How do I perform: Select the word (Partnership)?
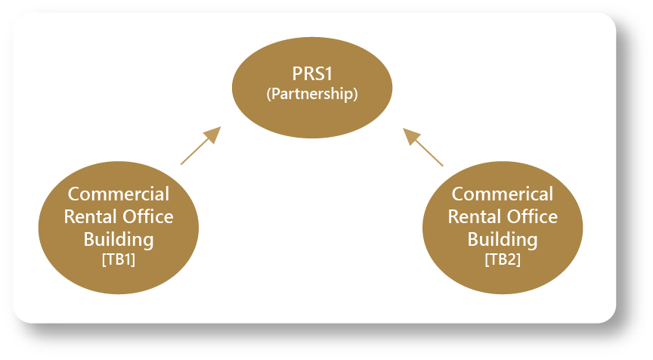(x=312, y=95)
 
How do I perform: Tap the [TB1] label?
(x=119, y=259)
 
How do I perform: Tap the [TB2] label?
(x=503, y=259)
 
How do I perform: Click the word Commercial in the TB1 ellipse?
(x=119, y=194)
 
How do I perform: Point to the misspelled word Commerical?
(x=503, y=194)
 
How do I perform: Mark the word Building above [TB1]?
(x=119, y=241)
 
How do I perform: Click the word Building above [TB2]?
(x=503, y=241)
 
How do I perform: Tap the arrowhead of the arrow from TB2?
(x=411, y=135)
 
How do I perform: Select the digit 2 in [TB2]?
(x=512, y=259)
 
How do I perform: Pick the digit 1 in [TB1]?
(x=128, y=259)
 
